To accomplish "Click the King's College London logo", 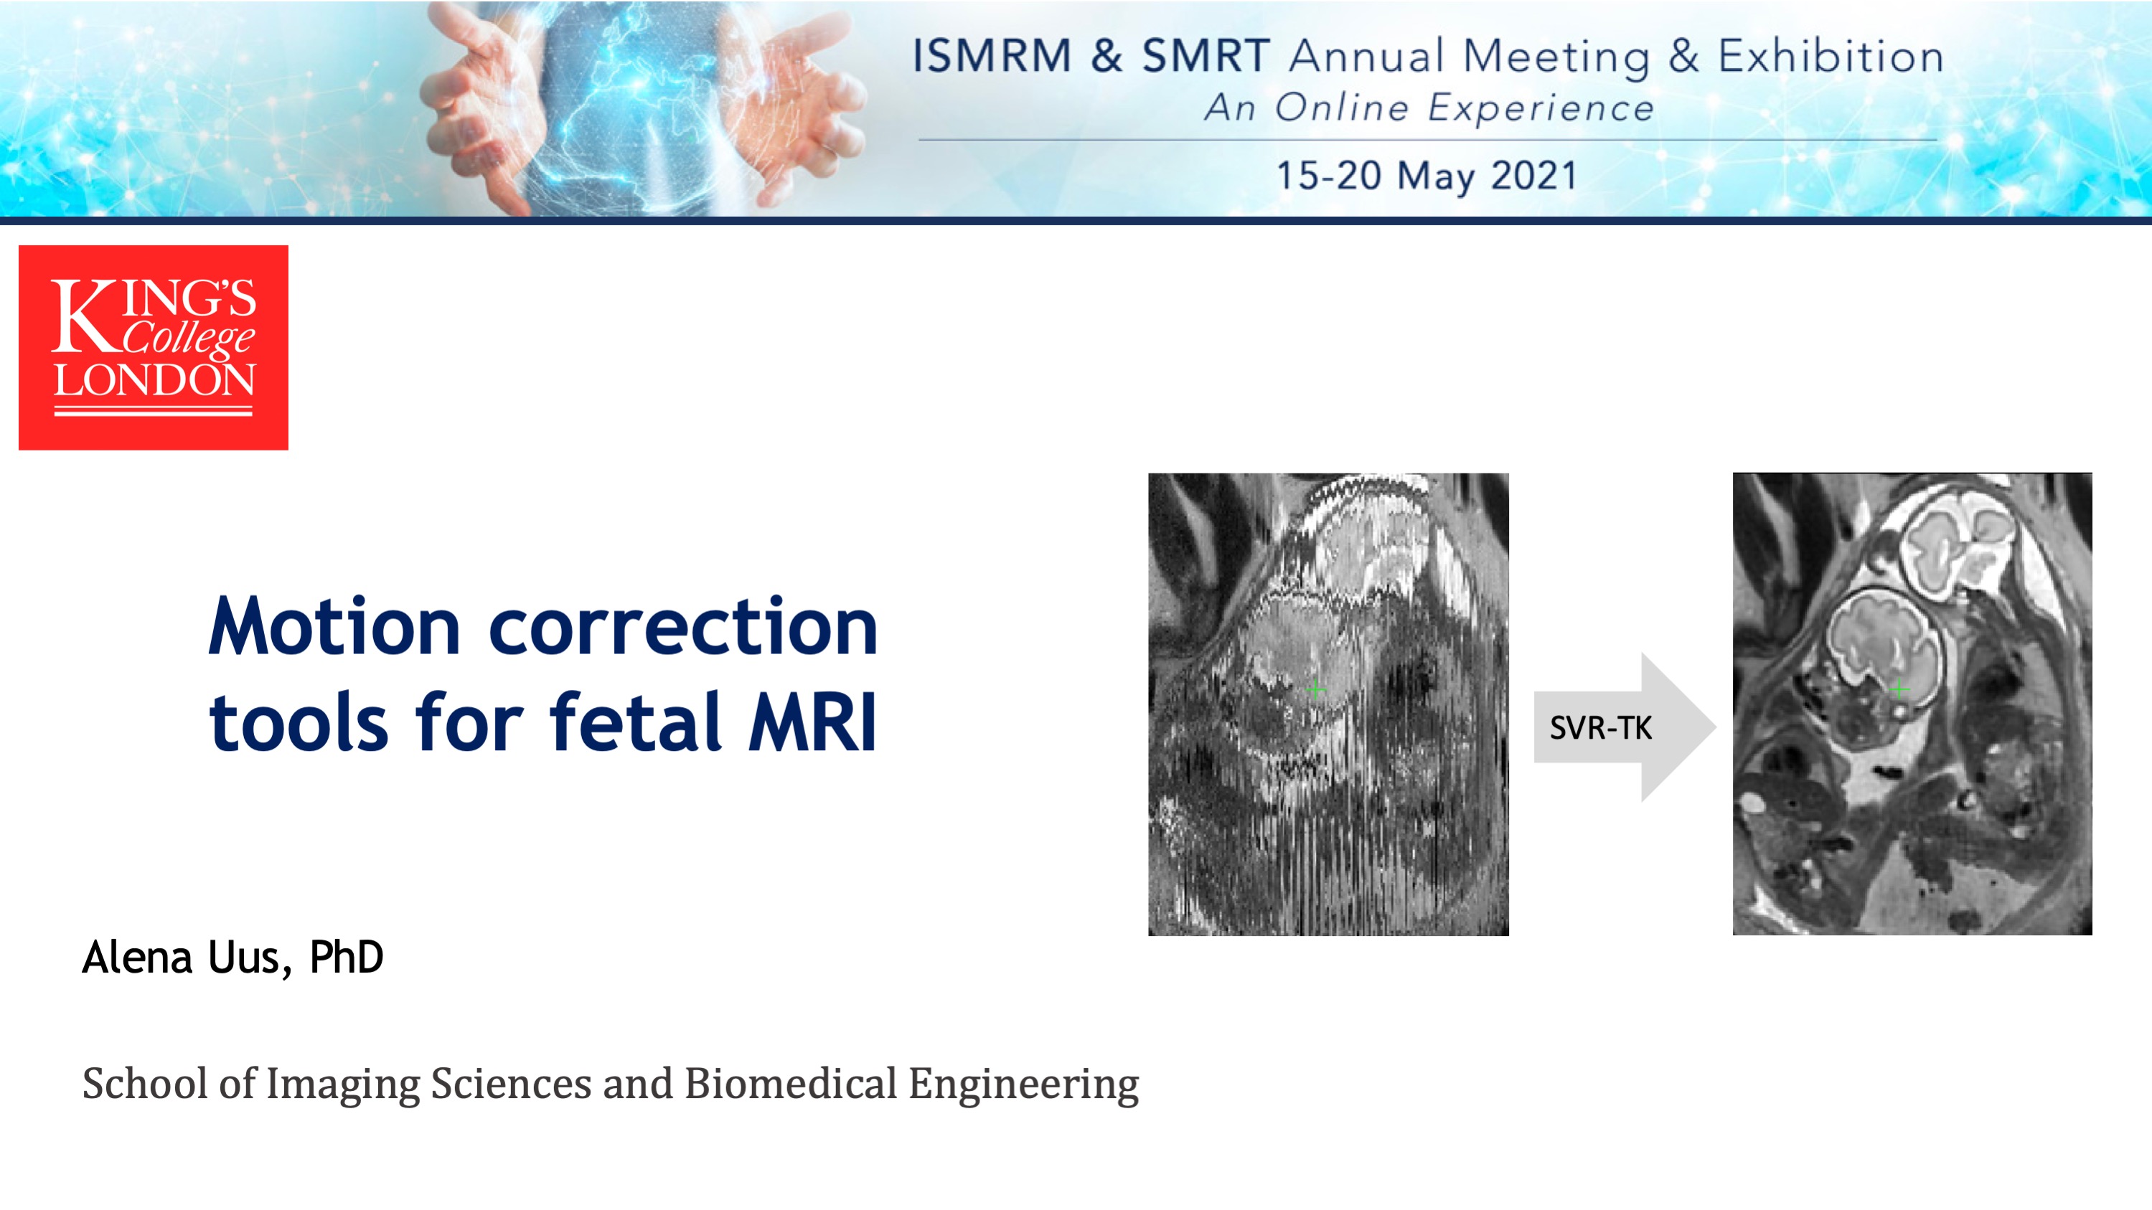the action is tap(154, 347).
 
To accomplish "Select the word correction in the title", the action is tap(683, 628).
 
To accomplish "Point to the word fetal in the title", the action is tap(636, 722).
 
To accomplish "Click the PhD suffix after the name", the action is tap(346, 957).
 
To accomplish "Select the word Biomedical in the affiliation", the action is tap(790, 1083).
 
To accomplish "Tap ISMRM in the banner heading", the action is tap(992, 56).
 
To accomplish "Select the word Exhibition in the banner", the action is tap(1831, 56).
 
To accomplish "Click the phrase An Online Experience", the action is tap(1429, 108).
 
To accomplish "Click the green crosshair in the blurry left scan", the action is tap(1316, 689).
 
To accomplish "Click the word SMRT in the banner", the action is tap(1206, 56).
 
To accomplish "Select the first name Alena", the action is tap(138, 957).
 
